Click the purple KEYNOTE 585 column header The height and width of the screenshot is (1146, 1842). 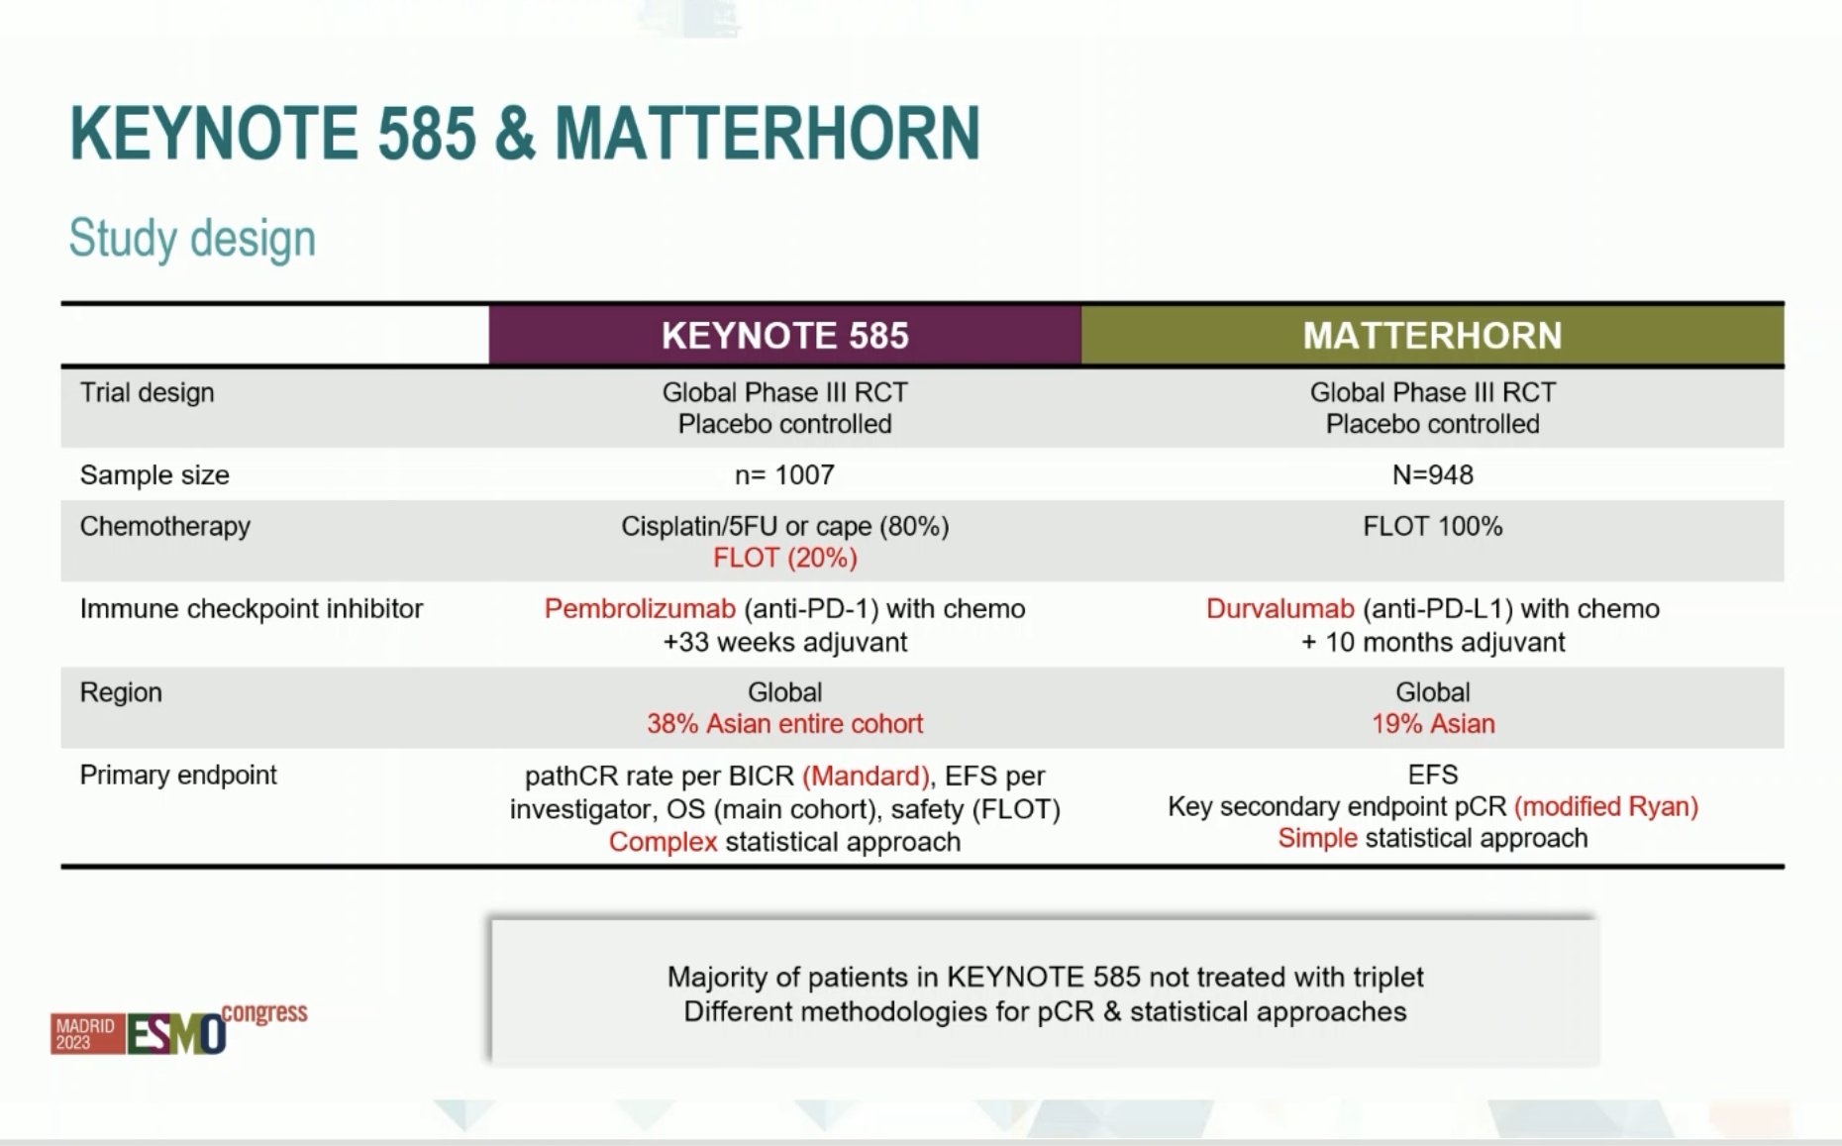click(x=784, y=336)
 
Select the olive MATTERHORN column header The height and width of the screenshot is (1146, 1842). click(x=1432, y=336)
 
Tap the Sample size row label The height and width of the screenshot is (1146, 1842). click(x=154, y=475)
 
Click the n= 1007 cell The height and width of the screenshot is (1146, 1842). click(x=784, y=475)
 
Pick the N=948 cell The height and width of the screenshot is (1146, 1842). click(x=1432, y=475)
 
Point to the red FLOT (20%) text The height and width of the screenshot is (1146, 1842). click(x=784, y=559)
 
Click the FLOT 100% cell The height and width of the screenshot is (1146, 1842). click(x=1432, y=526)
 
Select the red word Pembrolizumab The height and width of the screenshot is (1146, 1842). click(x=640, y=608)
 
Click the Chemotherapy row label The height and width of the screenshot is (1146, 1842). click(x=164, y=526)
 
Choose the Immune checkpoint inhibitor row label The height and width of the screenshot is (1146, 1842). click(x=251, y=608)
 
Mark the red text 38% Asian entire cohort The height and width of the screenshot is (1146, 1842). click(x=784, y=724)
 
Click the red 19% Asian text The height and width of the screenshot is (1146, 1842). click(x=1432, y=724)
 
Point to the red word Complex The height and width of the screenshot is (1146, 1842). click(x=663, y=842)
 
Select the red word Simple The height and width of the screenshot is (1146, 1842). click(x=1317, y=838)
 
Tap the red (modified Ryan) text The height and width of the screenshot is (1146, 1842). click(x=1606, y=806)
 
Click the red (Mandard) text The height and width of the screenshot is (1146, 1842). click(x=866, y=776)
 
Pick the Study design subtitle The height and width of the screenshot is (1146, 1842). click(x=192, y=239)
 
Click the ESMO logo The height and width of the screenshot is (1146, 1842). click(x=179, y=1031)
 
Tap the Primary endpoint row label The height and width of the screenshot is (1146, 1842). click(x=178, y=775)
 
